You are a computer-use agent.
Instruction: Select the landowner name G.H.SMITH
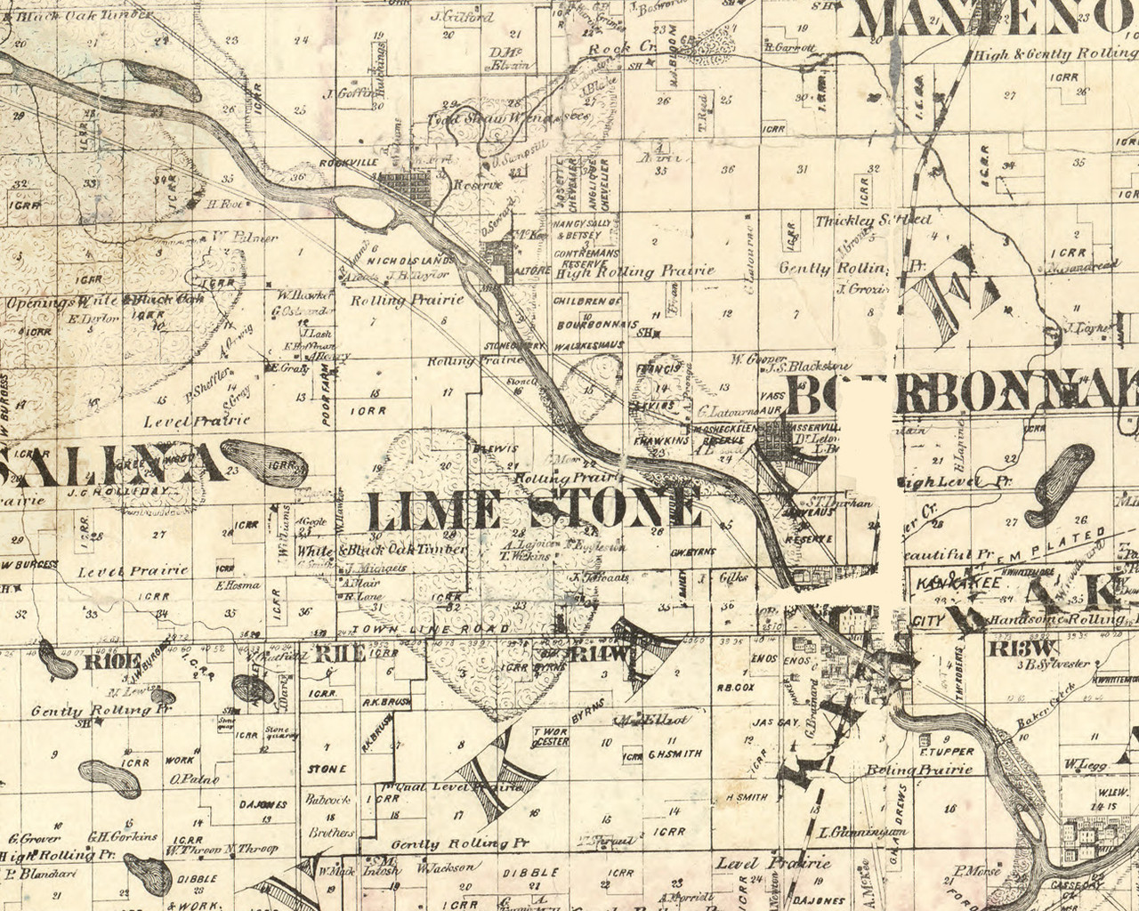tap(675, 754)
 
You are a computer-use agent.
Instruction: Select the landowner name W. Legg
tap(1083, 764)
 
